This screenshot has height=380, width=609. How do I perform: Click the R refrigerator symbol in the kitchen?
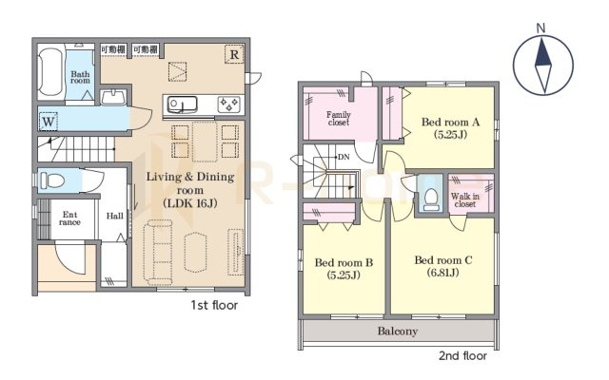point(234,55)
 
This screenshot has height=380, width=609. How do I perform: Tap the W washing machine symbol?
point(49,122)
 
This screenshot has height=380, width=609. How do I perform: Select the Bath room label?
point(80,77)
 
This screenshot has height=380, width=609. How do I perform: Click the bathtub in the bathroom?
point(50,72)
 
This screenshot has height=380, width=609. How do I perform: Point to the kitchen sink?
point(182,104)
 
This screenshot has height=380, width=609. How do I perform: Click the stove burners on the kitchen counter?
point(229,104)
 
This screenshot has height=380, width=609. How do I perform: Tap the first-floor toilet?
point(52,180)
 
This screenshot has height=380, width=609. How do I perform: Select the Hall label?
point(115,216)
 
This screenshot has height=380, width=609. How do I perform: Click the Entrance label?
point(69,218)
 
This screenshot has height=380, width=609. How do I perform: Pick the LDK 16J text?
point(190,203)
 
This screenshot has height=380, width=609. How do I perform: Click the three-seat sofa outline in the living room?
point(158,250)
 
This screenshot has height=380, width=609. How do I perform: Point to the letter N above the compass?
point(540,28)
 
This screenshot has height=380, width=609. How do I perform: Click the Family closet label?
point(339,118)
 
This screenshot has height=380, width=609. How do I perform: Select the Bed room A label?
point(450,123)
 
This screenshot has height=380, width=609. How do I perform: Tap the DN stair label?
point(344,157)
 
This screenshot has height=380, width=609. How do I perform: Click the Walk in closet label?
point(465,199)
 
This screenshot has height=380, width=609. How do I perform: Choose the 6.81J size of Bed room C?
point(442,273)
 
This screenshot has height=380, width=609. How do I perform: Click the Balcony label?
point(398,332)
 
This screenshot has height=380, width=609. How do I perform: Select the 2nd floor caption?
point(463,355)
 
